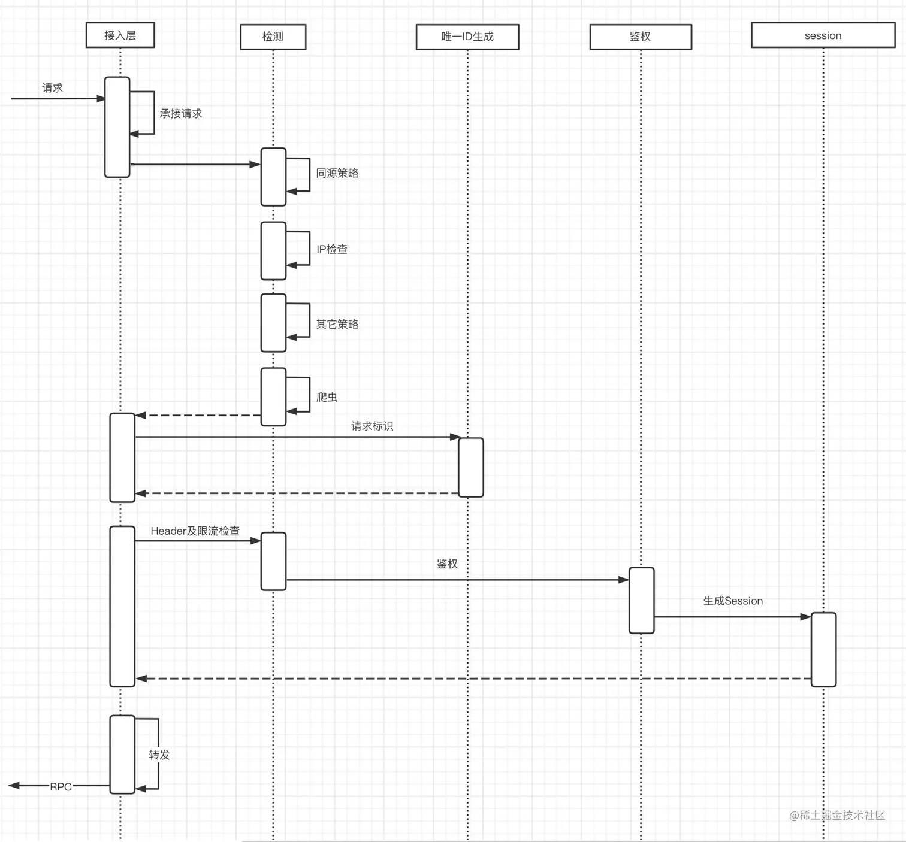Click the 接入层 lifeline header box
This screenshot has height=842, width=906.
[x=120, y=35]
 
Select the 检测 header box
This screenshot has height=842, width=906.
[x=273, y=37]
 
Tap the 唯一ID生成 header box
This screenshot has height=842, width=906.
[x=467, y=37]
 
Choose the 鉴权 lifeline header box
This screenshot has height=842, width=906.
[x=640, y=37]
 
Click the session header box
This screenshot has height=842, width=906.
[x=823, y=35]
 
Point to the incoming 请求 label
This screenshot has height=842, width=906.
[x=52, y=88]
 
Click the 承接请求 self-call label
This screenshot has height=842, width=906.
[x=180, y=113]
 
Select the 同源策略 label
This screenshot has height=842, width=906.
[x=337, y=173]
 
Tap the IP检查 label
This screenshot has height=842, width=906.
[x=331, y=249]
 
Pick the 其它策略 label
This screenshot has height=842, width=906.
[x=337, y=324]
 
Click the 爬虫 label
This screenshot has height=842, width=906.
[x=327, y=397]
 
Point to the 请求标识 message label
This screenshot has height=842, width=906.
[x=372, y=426]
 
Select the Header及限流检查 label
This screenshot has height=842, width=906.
[x=195, y=531]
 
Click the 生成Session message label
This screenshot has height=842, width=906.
[x=733, y=601]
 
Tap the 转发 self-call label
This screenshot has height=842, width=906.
[x=159, y=755]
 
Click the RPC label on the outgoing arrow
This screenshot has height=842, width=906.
[x=61, y=786]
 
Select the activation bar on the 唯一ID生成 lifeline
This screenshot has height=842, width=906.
[x=471, y=467]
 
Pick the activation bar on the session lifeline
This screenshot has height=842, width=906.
[x=823, y=649]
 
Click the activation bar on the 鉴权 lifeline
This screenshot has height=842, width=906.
[x=641, y=600]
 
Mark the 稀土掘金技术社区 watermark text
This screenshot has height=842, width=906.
[x=837, y=815]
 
